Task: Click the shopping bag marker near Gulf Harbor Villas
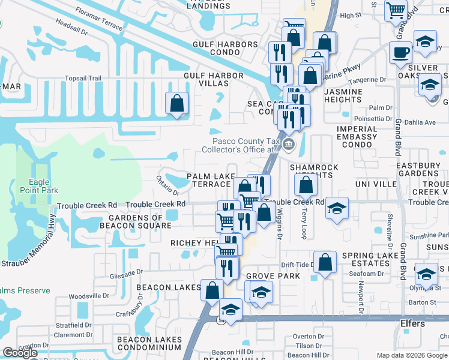tap(178, 103)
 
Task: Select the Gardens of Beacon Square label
tap(140, 221)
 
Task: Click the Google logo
tap(20, 353)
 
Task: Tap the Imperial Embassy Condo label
tap(357, 133)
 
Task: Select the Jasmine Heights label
tap(343, 96)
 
